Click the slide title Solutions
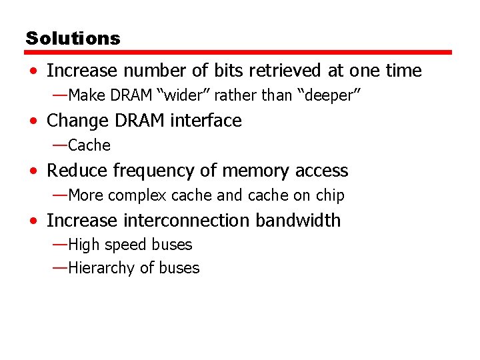coord(73,38)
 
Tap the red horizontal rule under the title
coord(239,52)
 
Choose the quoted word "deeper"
coord(333,95)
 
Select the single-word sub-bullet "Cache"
coord(89,145)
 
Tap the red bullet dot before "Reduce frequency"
coord(33,171)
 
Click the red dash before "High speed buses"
coord(59,244)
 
